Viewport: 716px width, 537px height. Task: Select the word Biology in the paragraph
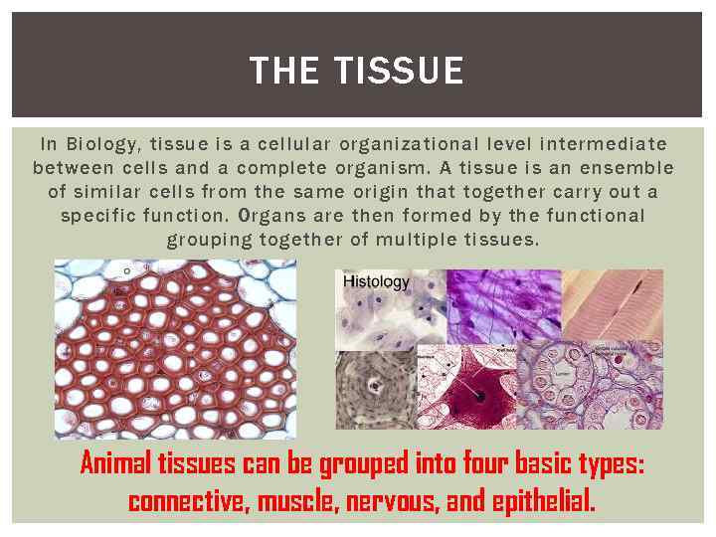(103, 145)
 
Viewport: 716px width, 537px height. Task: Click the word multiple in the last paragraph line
(430, 240)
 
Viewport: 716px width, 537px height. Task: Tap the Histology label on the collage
(376, 282)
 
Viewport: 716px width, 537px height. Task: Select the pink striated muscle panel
(612, 304)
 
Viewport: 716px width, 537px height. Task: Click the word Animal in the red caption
(112, 464)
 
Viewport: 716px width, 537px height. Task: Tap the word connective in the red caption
(186, 500)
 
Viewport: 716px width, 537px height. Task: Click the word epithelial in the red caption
(544, 500)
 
